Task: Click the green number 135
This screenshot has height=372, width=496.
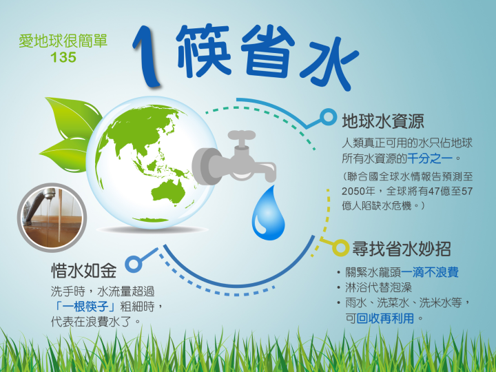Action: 63,57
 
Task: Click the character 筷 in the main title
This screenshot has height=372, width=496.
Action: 203,50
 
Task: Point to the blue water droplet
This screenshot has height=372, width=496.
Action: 268,213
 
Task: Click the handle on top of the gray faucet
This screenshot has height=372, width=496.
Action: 241,136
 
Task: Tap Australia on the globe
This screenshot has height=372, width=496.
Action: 168,192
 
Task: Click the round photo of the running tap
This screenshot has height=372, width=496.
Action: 52,218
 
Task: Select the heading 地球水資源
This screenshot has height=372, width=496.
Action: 383,121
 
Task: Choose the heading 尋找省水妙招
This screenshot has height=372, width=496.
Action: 401,249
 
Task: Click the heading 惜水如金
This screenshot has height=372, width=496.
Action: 84,271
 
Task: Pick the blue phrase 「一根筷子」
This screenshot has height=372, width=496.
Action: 85,307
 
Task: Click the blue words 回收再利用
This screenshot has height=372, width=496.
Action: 385,318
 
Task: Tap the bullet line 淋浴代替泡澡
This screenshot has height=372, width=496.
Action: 379,287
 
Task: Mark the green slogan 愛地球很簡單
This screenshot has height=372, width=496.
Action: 63,41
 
